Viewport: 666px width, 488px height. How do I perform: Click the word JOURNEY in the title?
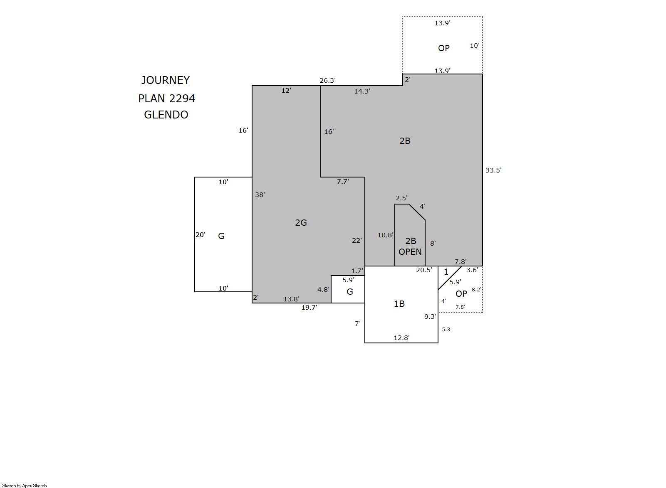(x=165, y=80)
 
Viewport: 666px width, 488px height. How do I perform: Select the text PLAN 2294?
(x=166, y=99)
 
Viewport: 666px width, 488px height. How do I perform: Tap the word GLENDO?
(x=166, y=115)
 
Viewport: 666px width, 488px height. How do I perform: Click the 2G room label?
(x=301, y=222)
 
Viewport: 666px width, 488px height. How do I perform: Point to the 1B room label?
(x=399, y=303)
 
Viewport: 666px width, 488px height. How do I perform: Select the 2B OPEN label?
(x=410, y=246)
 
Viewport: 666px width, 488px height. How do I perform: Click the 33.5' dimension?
(x=493, y=170)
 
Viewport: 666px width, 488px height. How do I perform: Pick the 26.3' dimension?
(x=327, y=81)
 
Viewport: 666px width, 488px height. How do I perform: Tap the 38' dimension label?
(x=260, y=195)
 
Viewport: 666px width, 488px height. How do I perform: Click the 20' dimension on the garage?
(x=201, y=234)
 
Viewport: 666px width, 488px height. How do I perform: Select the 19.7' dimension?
(x=309, y=308)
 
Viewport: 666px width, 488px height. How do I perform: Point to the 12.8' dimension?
(x=402, y=338)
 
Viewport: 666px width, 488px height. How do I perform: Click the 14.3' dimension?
(x=362, y=91)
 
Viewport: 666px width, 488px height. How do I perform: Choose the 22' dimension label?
(x=357, y=240)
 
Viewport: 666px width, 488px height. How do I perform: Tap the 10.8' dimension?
(x=385, y=235)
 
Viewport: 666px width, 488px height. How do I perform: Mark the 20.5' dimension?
(x=424, y=270)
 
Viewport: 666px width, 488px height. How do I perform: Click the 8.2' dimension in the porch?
(x=476, y=290)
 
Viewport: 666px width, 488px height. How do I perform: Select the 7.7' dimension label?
(x=343, y=182)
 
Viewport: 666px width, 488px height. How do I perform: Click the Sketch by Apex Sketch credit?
(x=25, y=486)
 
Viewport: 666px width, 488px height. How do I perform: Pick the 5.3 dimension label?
(x=446, y=329)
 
